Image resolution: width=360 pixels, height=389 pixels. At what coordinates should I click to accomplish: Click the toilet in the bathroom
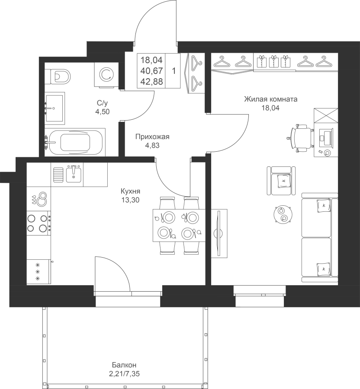[x=60, y=77]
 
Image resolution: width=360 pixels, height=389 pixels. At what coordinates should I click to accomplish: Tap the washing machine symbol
[x=106, y=74]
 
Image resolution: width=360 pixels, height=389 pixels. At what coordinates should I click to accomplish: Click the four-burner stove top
[x=39, y=223]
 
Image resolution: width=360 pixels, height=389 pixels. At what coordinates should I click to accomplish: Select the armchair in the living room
[x=281, y=181]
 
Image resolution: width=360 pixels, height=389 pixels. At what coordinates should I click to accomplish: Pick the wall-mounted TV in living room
[x=219, y=233]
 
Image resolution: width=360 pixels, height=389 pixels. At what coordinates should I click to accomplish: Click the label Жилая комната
[x=271, y=99]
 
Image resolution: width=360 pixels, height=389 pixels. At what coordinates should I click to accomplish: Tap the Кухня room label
[x=130, y=191]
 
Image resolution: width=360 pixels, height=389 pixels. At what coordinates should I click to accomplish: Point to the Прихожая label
[x=152, y=137]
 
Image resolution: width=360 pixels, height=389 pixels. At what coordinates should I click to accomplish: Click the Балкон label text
[x=124, y=365]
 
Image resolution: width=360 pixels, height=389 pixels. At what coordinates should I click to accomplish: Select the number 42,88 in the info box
[x=151, y=82]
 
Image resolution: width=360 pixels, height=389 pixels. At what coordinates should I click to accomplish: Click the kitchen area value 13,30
[x=130, y=200]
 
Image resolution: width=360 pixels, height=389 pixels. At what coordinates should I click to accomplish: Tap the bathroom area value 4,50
[x=102, y=112]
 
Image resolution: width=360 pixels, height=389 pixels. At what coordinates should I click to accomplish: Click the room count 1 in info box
[x=174, y=71]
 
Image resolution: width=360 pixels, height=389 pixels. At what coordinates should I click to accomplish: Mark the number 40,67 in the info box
[x=151, y=71]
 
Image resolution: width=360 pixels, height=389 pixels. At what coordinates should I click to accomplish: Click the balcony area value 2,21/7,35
[x=126, y=373]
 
